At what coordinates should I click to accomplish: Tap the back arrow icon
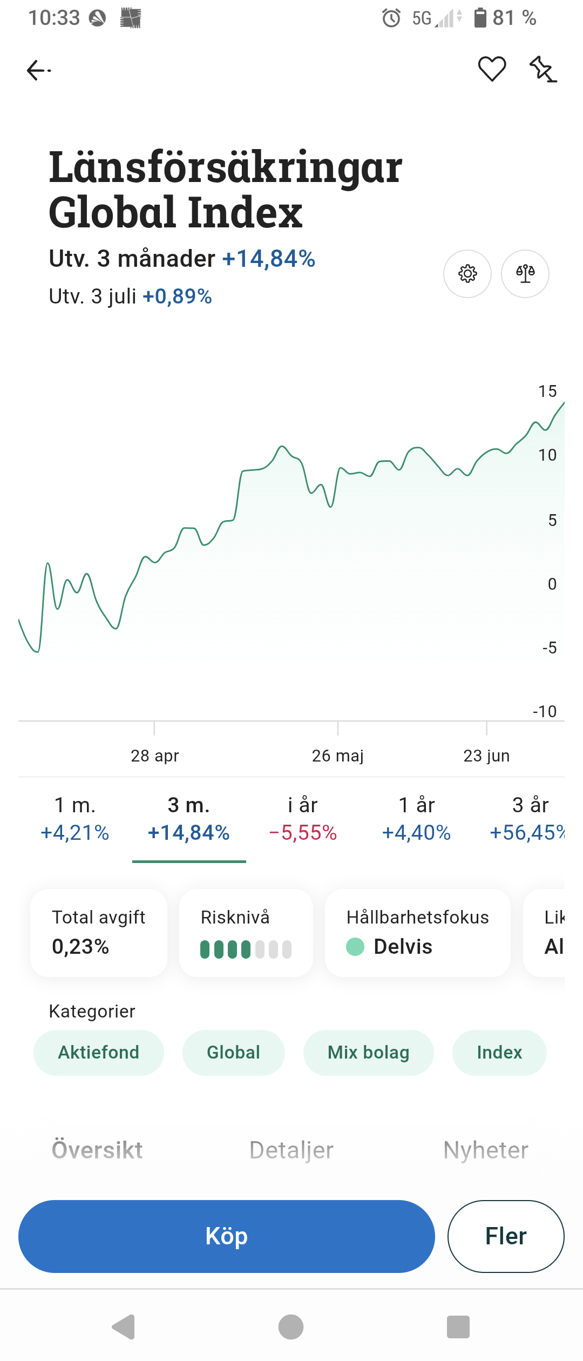(38, 70)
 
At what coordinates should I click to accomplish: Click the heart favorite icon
(492, 69)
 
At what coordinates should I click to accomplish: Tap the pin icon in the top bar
(543, 69)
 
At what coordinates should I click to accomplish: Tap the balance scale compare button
(525, 274)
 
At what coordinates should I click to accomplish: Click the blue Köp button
(227, 1236)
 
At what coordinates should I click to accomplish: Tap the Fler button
(506, 1236)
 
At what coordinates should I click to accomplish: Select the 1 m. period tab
(75, 819)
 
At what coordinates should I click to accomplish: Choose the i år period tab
(303, 819)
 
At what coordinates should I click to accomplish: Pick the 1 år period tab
(416, 819)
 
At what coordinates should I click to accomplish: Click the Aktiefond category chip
(99, 1052)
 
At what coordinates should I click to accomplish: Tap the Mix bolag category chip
(369, 1052)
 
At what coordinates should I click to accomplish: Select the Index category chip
(499, 1052)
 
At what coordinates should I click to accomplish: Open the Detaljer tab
(291, 1150)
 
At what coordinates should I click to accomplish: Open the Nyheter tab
(486, 1150)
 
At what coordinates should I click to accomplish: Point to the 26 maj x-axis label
(338, 756)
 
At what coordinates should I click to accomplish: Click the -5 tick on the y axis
(550, 648)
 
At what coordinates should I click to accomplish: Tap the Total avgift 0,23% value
(80, 946)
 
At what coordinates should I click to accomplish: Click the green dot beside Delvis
(355, 946)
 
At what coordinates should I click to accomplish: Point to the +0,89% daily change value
(177, 297)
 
